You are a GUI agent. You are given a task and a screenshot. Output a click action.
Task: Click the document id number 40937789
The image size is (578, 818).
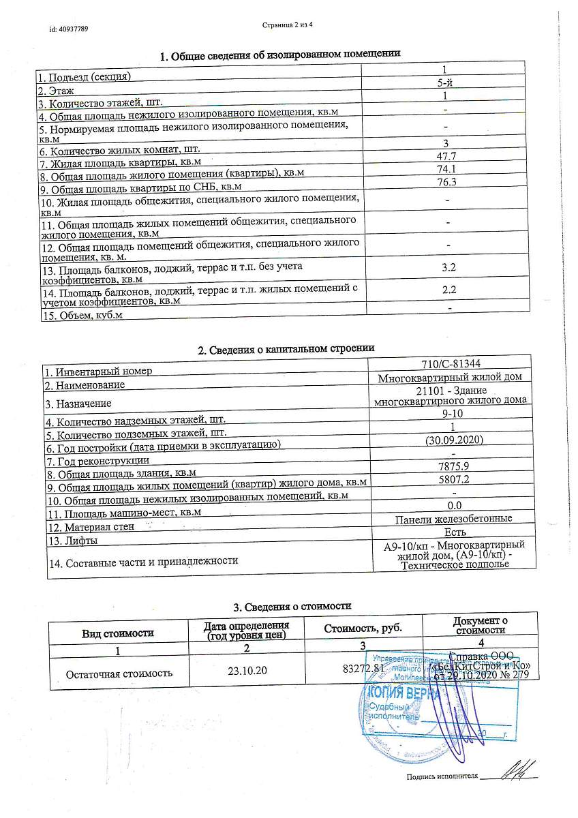click(x=68, y=29)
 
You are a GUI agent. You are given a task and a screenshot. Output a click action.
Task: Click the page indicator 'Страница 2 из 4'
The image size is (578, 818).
click(x=288, y=25)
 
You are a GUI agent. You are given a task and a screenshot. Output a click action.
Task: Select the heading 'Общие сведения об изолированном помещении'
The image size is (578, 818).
click(x=279, y=54)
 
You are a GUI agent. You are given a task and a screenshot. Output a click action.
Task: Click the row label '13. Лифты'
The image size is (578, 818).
click(x=70, y=541)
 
